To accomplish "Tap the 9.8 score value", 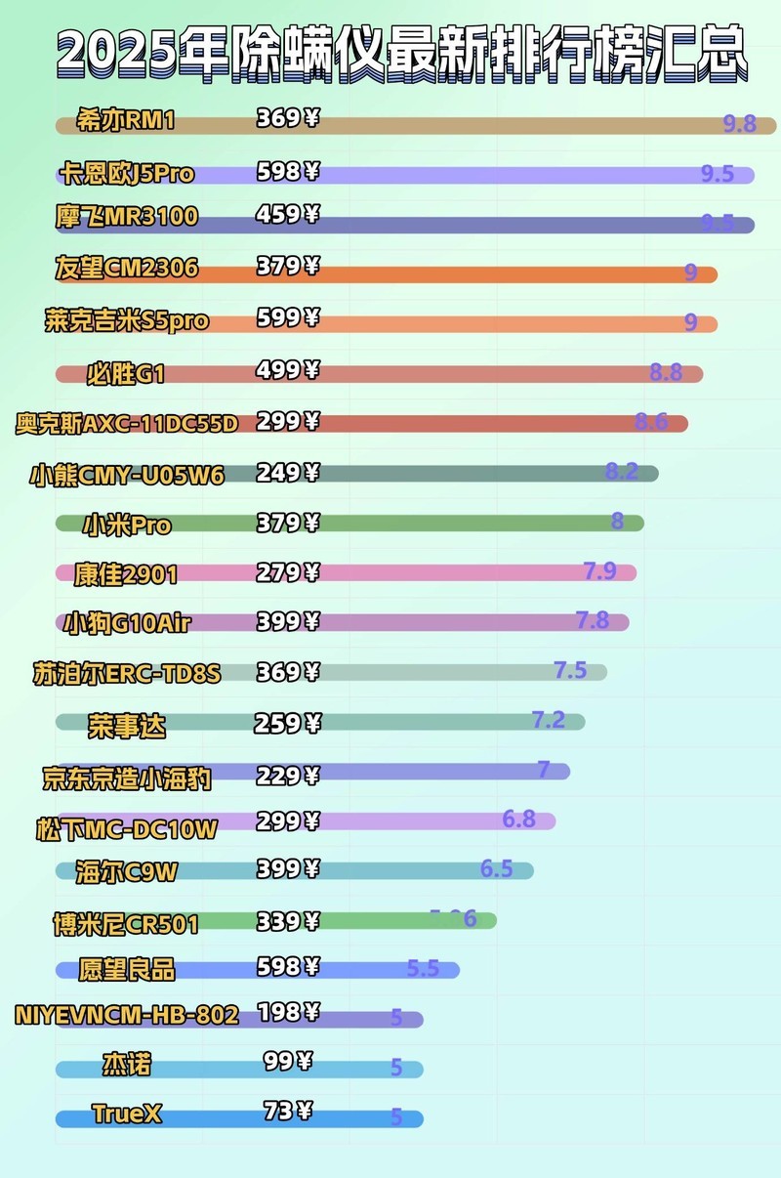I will coord(740,124).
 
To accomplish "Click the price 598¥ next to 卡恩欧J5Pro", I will coord(288,172).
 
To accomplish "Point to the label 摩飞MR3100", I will coord(127,217).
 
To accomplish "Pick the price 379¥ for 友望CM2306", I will coord(288,266).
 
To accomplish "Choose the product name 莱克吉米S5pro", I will coord(127,320).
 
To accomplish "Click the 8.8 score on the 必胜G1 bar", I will coord(666,371).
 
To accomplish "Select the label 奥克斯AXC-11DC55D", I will coord(127,424).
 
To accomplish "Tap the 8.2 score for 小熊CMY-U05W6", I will coord(622,472).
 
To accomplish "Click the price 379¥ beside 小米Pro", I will coord(288,523).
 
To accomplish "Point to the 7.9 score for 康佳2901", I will coord(599,570).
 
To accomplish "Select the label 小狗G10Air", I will coord(127,622).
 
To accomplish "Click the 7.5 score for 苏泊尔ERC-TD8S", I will coord(570,670).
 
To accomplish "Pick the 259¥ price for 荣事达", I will coord(288,724).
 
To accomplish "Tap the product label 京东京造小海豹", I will coord(127,778).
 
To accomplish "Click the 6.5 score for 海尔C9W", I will coord(496,868).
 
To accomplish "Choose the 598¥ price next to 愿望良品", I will coord(288,967).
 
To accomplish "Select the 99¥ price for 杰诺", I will coord(288,1060).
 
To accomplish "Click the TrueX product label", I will coord(127,1113).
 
